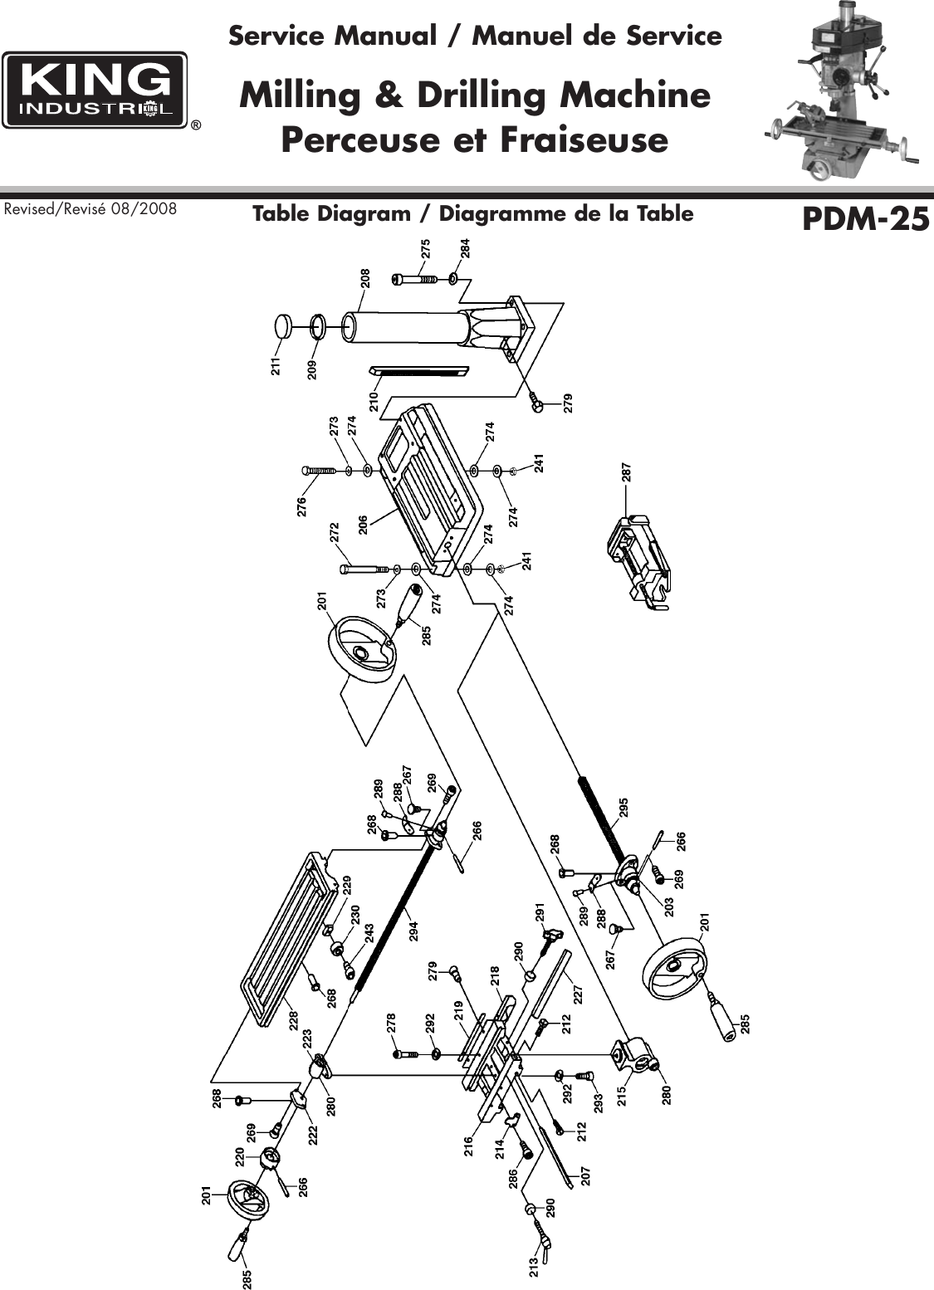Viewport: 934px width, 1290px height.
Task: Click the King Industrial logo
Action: coord(95,90)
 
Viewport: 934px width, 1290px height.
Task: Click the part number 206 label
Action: coord(363,524)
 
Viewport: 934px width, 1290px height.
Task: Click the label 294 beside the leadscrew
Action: coord(412,930)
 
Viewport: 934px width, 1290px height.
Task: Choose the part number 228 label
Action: coord(293,1020)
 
